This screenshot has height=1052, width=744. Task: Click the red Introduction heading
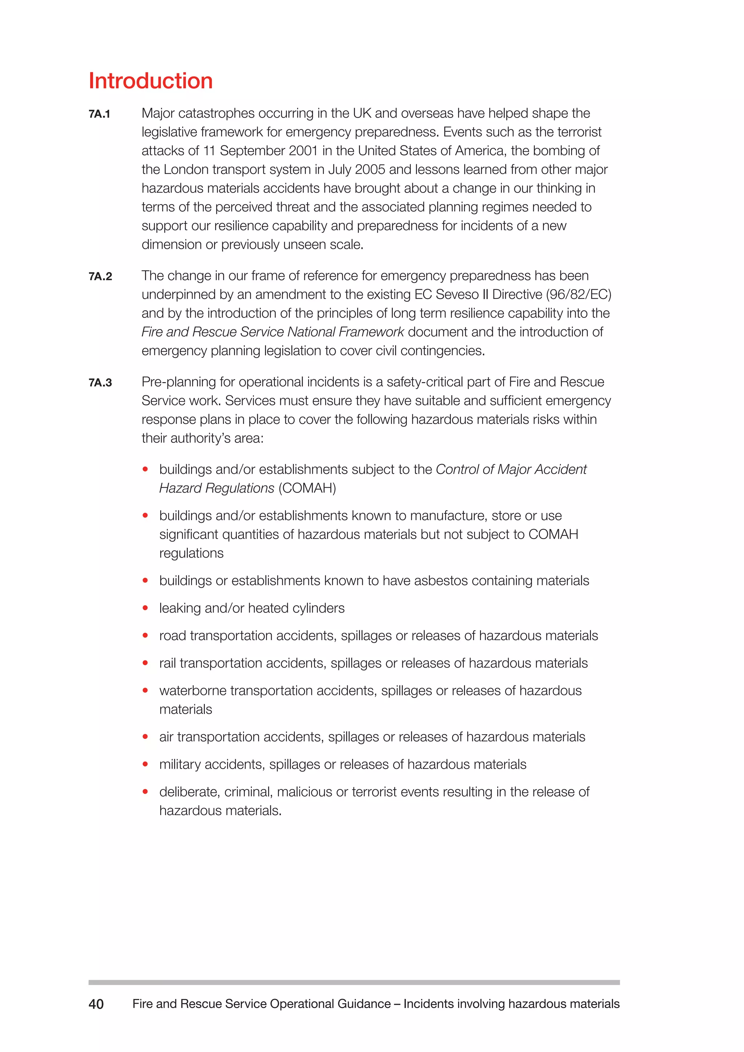pyautogui.click(x=150, y=81)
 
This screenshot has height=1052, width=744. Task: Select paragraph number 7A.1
pyautogui.click(x=100, y=114)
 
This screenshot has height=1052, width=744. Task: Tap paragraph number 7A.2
pyautogui.click(x=100, y=276)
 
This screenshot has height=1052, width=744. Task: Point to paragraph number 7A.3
pyautogui.click(x=100, y=383)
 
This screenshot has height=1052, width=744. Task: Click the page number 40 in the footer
pyautogui.click(x=96, y=1004)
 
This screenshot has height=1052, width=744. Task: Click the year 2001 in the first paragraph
pyautogui.click(x=304, y=151)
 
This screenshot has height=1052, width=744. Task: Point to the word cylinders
pyautogui.click(x=319, y=608)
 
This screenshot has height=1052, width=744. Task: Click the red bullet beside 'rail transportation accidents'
pyautogui.click(x=145, y=663)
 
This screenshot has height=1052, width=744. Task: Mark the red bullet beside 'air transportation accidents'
pyautogui.click(x=145, y=737)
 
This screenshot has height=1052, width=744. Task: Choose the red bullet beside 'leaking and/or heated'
pyautogui.click(x=145, y=608)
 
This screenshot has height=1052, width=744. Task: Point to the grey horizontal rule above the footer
pyautogui.click(x=354, y=982)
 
